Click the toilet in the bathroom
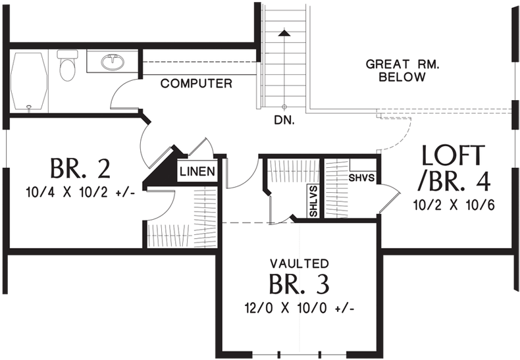click(x=67, y=67)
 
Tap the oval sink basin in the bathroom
click(x=113, y=63)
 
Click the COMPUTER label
click(x=196, y=84)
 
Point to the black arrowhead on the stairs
click(x=284, y=32)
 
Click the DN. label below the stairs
click(x=284, y=121)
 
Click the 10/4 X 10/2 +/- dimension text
click(x=78, y=194)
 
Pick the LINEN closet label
click(x=197, y=172)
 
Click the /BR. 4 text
click(x=455, y=180)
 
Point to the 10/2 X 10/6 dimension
click(x=454, y=205)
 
